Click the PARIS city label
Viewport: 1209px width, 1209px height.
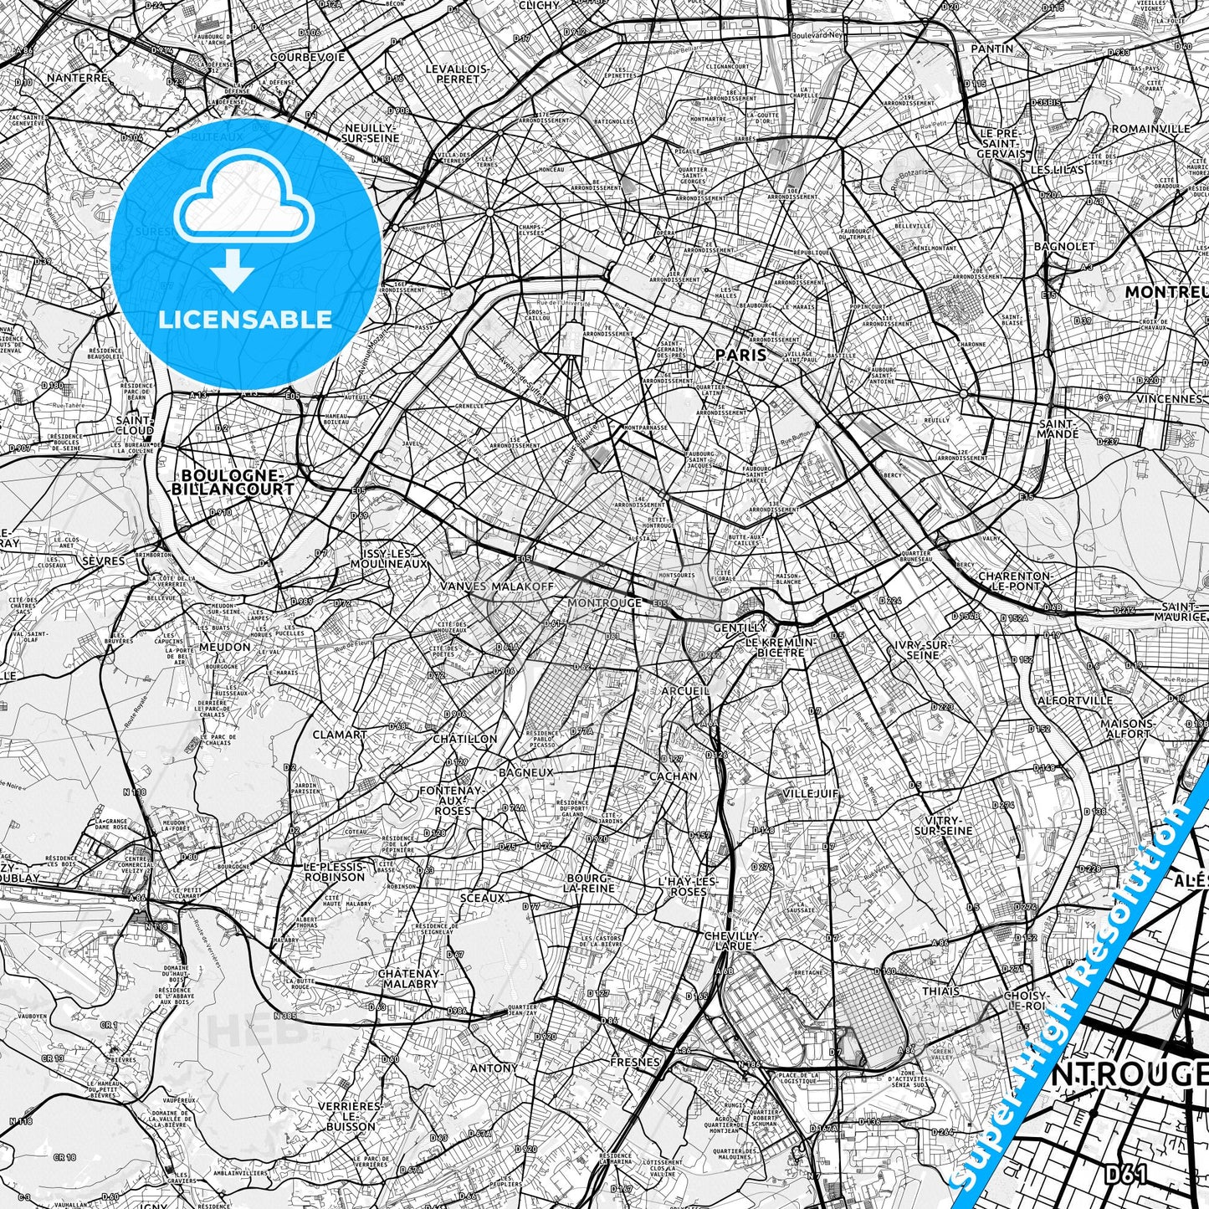point(740,355)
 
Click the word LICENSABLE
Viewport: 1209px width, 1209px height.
point(245,319)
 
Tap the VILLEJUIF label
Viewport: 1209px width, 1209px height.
point(810,793)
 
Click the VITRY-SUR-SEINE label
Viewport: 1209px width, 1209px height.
point(943,825)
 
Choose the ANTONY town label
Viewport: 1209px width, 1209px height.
point(494,1068)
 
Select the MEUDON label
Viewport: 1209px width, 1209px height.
point(224,647)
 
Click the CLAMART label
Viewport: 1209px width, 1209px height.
point(340,735)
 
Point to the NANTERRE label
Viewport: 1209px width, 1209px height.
point(78,77)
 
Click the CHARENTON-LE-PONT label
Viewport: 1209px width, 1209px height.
point(1015,581)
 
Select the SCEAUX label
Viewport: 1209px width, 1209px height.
point(482,898)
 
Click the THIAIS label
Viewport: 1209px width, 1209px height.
point(940,991)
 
